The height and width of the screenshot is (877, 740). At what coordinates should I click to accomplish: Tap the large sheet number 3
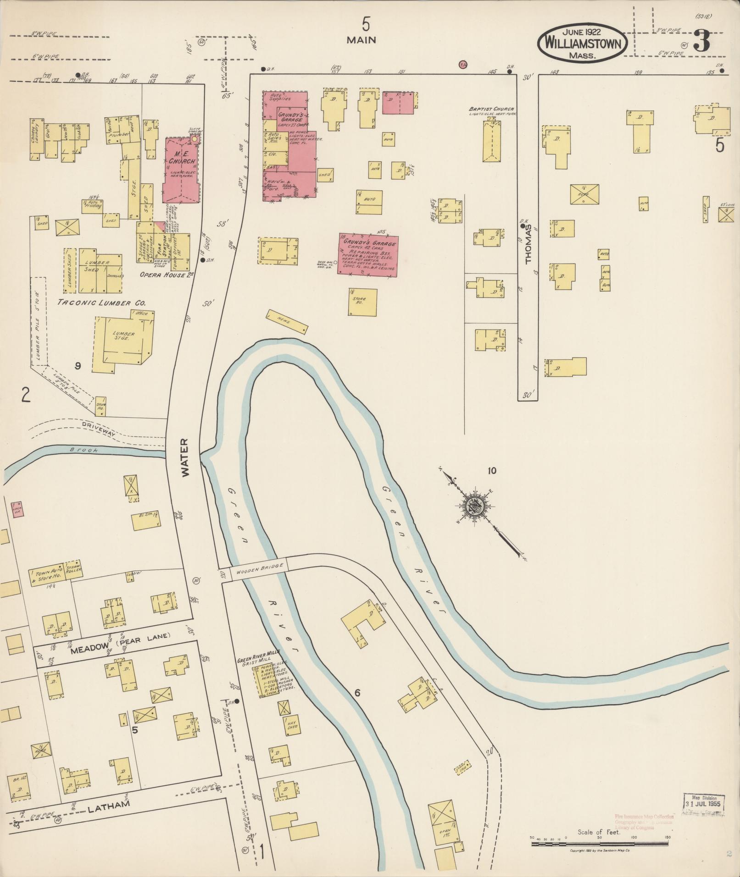pyautogui.click(x=701, y=42)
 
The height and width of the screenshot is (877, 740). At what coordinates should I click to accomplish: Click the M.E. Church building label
pyautogui.click(x=181, y=158)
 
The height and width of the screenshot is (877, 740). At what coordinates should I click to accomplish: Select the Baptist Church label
pyautogui.click(x=491, y=110)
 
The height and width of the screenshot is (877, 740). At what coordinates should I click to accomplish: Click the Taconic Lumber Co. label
pyautogui.click(x=101, y=303)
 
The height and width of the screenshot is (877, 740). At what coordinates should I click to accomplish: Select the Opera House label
pyautogui.click(x=160, y=275)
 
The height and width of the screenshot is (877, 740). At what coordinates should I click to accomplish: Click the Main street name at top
pyautogui.click(x=361, y=40)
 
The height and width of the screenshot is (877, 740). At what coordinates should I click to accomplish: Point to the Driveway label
pyautogui.click(x=99, y=426)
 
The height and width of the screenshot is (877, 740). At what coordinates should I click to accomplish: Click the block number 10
pyautogui.click(x=492, y=470)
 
